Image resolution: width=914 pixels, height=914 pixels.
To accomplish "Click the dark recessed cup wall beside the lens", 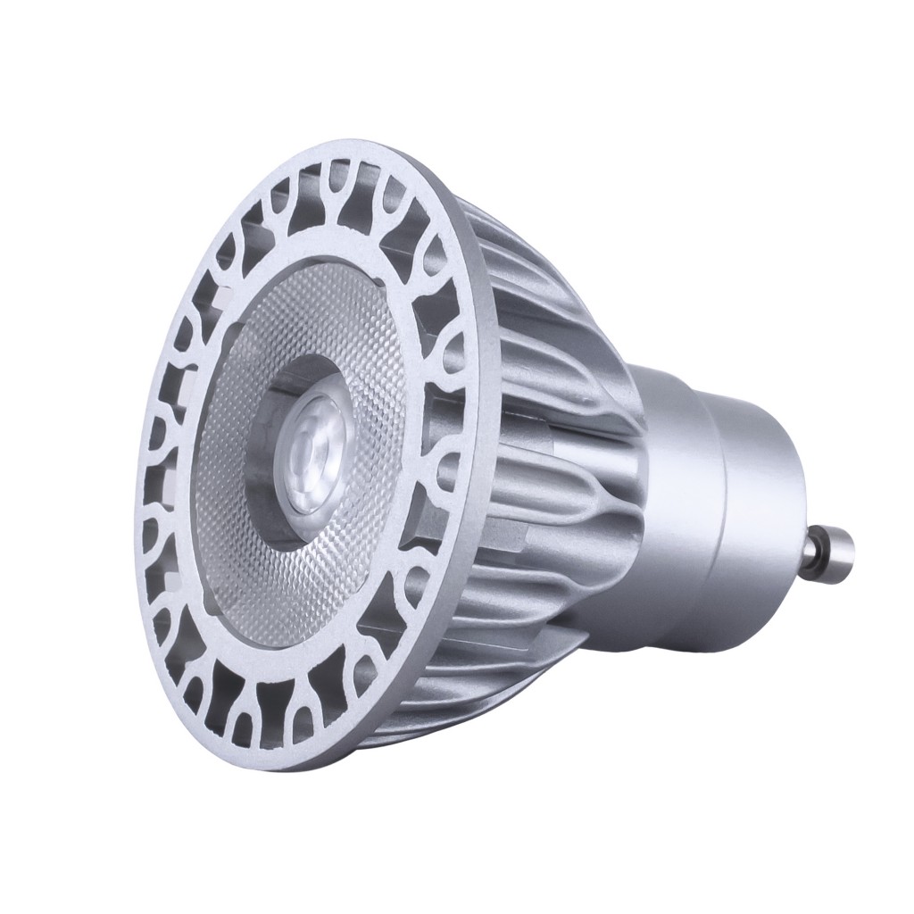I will pos(268,464).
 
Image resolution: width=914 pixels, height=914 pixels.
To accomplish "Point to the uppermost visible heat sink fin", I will pos(500,223).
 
